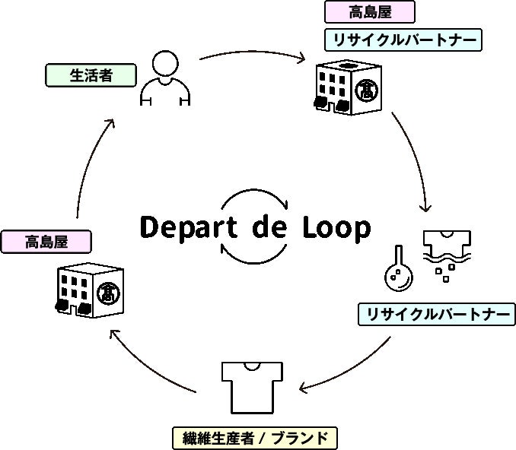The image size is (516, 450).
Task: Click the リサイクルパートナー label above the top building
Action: point(403,39)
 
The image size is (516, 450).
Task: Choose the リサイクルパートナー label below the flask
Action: point(436,314)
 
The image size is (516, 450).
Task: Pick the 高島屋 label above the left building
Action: point(46,242)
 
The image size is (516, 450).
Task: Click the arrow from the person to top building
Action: point(252,55)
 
